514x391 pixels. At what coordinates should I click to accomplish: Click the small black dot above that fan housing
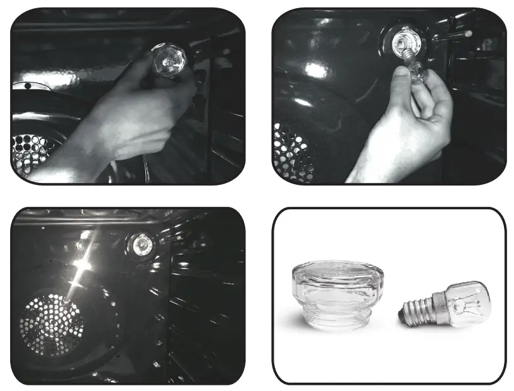click(x=27, y=85)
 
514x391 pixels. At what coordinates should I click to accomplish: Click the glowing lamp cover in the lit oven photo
click(x=141, y=243)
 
